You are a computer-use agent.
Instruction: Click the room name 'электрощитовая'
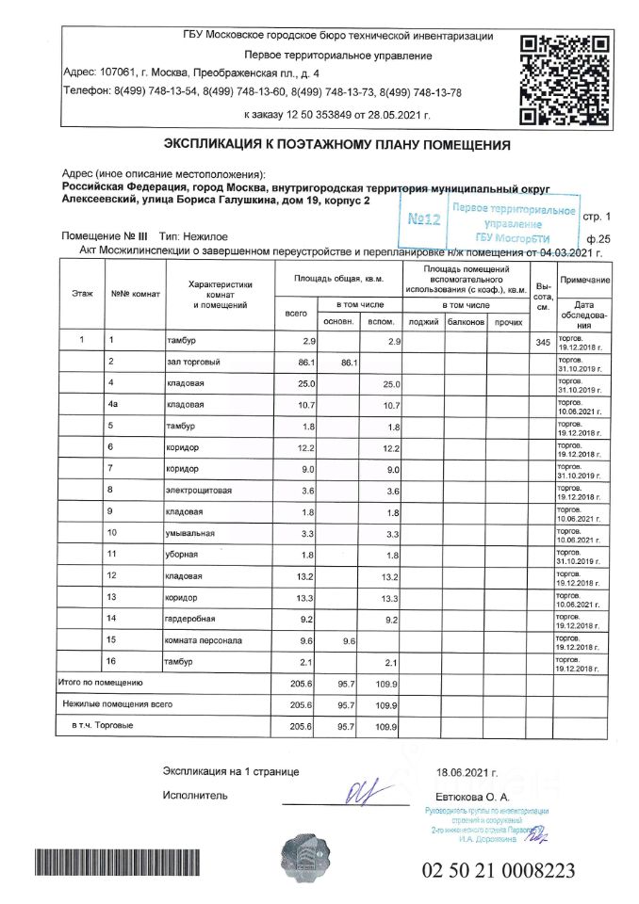click(x=200, y=490)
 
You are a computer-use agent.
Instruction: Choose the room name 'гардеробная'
click(x=191, y=619)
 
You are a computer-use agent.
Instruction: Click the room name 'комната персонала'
click(x=204, y=640)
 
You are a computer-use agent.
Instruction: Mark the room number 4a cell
click(x=114, y=405)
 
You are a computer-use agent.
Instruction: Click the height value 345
click(x=542, y=342)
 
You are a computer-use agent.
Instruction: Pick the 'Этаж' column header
click(x=82, y=294)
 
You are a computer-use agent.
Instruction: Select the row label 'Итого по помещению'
click(x=100, y=683)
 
